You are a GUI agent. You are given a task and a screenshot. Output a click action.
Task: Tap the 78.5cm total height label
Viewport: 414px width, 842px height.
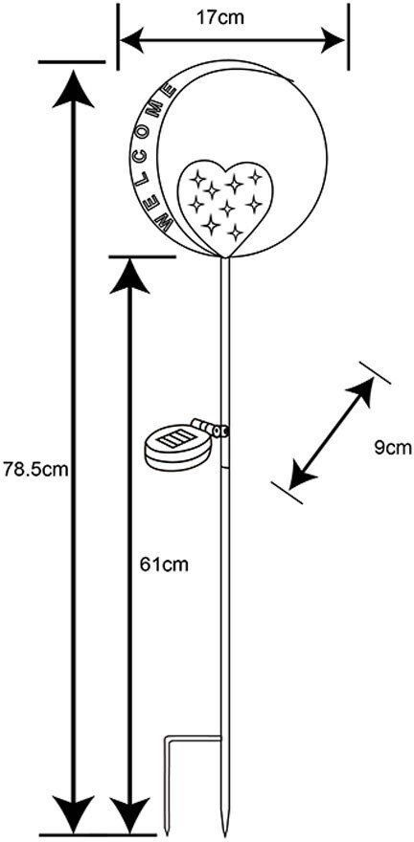(36, 470)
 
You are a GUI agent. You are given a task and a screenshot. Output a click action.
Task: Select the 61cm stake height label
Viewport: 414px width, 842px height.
(165, 565)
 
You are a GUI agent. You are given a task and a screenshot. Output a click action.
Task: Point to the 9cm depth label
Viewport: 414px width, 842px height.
(393, 448)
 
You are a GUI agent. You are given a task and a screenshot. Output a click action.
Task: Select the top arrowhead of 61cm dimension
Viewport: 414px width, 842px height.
(129, 276)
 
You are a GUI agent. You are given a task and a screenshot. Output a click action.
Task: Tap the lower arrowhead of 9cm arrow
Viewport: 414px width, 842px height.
(301, 476)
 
